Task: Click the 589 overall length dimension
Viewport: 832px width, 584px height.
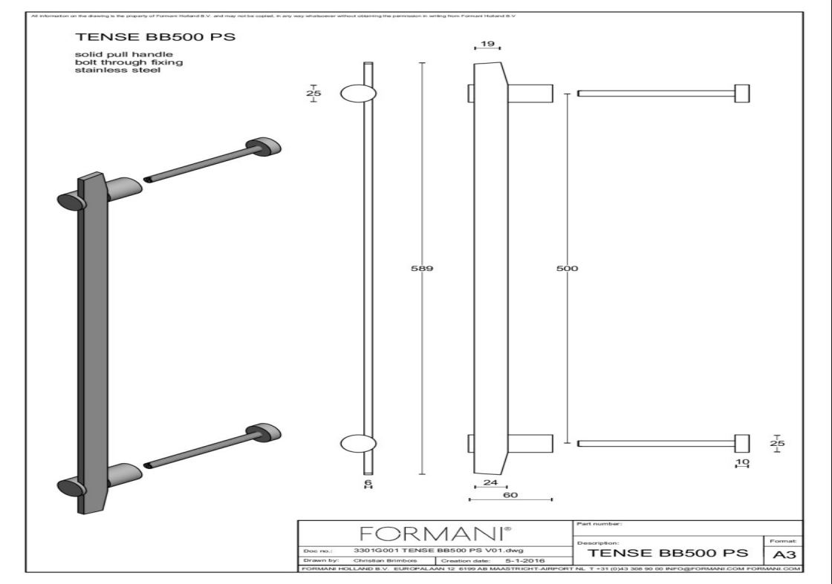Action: [x=423, y=269]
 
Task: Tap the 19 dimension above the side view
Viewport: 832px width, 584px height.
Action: [x=487, y=45]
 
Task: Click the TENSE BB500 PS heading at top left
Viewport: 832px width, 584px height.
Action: [x=121, y=37]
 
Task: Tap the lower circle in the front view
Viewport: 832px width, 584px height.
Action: [x=357, y=443]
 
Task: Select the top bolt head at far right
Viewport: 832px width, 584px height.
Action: [x=741, y=93]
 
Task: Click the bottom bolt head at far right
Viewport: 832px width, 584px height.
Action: [x=741, y=443]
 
